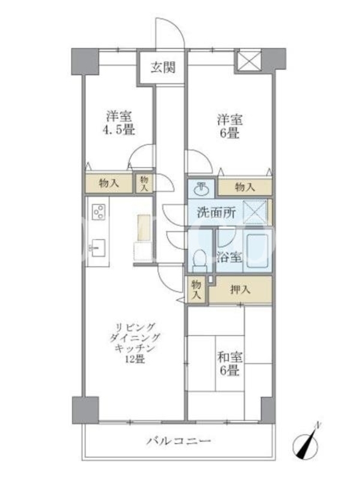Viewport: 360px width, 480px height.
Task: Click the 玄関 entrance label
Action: pos(163,67)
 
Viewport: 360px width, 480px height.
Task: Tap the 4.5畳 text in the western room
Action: pos(118,130)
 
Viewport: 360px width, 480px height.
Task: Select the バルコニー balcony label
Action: pos(178,441)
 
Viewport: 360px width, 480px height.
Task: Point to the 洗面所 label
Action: pos(216,212)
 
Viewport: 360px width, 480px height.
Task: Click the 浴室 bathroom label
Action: pos(230,257)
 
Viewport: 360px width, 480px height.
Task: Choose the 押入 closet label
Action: pos(241,289)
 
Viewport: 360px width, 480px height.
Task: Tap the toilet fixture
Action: pos(200,260)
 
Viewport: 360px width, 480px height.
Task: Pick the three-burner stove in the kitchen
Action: pos(99,212)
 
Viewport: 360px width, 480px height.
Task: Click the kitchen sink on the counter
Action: pos(97,248)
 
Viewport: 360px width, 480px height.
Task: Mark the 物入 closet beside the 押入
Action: pos(196,290)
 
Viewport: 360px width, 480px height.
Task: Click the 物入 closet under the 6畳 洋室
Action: pos(245,187)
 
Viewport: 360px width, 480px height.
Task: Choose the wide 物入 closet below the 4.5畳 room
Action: pos(109,184)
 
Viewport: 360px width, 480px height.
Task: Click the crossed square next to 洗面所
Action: pos(255,212)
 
